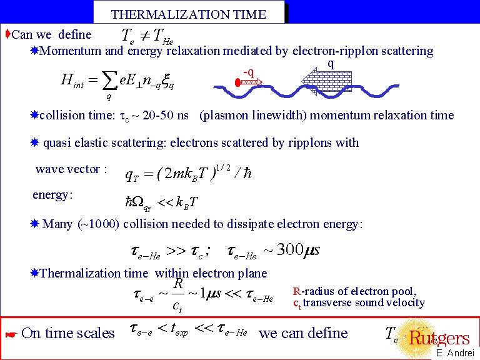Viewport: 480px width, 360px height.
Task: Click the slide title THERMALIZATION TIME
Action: coord(188,14)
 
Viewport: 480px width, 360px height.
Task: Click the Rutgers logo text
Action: coord(439,338)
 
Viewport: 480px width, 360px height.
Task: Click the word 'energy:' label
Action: coord(52,195)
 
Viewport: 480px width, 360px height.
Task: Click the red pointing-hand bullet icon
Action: coord(9,335)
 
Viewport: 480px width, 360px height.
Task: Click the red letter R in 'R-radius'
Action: coord(296,291)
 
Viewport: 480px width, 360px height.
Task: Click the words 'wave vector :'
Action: coord(72,169)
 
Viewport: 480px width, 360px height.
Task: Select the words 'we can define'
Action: coord(303,333)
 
